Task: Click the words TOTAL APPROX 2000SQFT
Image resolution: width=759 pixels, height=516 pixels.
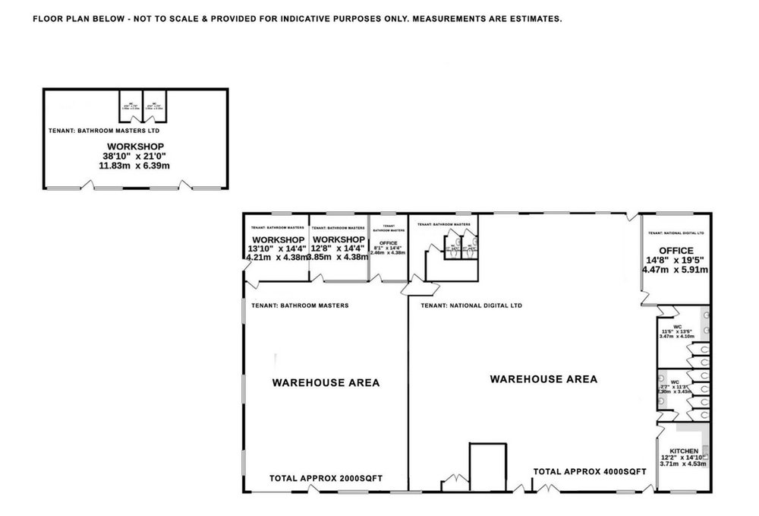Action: click(x=326, y=479)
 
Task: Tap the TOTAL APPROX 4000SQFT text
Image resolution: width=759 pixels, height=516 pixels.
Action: click(x=590, y=471)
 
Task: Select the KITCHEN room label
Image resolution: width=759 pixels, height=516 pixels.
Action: click(x=684, y=451)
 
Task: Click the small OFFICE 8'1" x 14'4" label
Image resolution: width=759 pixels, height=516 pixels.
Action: click(x=388, y=243)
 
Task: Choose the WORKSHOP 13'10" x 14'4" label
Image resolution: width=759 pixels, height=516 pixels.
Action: click(x=276, y=239)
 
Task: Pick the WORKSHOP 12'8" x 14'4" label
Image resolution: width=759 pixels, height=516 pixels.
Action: click(x=339, y=239)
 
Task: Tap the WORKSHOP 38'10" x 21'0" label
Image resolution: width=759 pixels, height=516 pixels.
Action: click(x=135, y=146)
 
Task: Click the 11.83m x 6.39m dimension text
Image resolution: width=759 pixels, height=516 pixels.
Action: click(x=135, y=165)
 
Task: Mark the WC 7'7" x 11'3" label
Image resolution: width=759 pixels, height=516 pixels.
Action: click(x=673, y=381)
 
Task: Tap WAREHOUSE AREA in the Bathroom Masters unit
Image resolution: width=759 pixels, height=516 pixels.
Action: click(x=326, y=383)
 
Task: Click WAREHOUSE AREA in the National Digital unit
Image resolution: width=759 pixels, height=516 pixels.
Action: click(x=543, y=378)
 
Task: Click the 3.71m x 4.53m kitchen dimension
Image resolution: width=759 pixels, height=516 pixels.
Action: click(x=684, y=462)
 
